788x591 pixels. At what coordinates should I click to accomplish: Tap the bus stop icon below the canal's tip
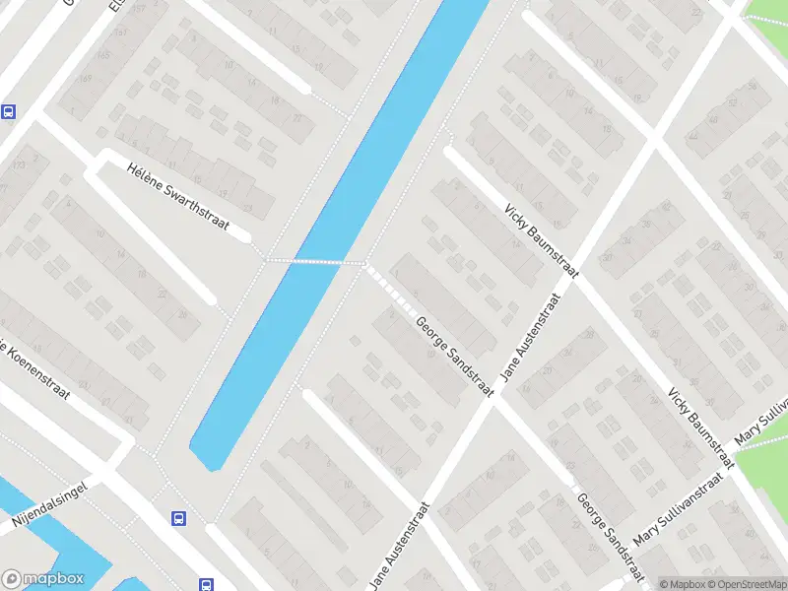tap(178, 517)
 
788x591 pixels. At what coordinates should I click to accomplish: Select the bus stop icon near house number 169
tap(9, 111)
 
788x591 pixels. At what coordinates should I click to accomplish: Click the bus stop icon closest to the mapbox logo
tap(206, 584)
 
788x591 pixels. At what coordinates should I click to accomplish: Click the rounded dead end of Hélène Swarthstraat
tap(245, 237)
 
